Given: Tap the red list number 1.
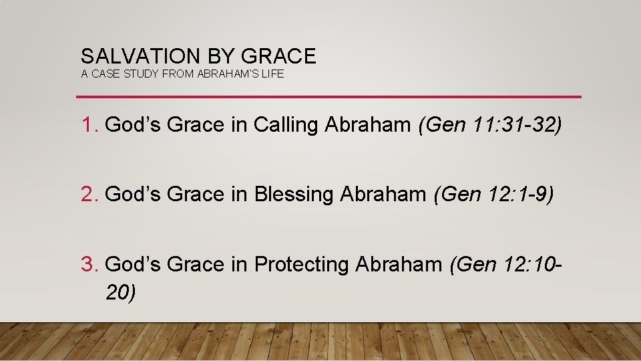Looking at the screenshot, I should [87, 124].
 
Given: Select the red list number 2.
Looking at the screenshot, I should [87, 195].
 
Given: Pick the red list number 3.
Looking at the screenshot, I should [87, 265].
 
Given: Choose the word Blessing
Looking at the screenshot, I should [294, 195].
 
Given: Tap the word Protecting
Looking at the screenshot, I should [302, 265].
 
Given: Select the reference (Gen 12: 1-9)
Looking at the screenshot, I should [493, 195].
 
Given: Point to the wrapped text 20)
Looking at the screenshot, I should [121, 291].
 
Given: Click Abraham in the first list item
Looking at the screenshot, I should [368, 124].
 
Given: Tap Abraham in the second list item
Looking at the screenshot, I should [383, 195].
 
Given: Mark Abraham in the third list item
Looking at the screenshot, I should [399, 265].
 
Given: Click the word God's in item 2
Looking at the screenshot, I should [130, 195].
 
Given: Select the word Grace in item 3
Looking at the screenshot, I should [195, 265].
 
